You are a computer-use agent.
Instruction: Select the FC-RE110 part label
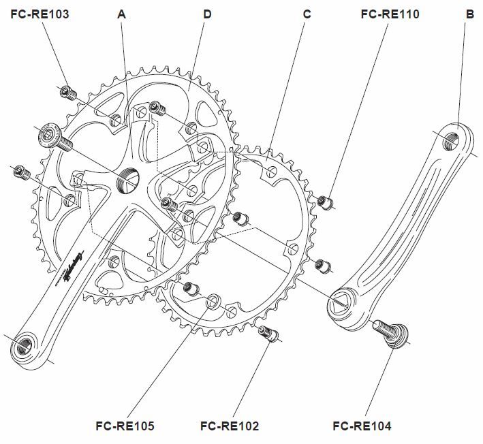[x=390, y=13]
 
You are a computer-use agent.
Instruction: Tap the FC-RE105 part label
[x=125, y=426]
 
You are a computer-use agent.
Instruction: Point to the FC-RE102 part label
[x=230, y=426]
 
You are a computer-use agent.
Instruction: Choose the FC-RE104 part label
[x=362, y=426]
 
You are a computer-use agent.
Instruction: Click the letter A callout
[x=122, y=13]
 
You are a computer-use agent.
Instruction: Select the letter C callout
[x=307, y=13]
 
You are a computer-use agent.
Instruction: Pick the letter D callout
[x=206, y=13]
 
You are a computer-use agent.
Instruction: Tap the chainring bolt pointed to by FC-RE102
[x=268, y=333]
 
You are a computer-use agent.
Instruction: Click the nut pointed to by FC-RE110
[x=326, y=201]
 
